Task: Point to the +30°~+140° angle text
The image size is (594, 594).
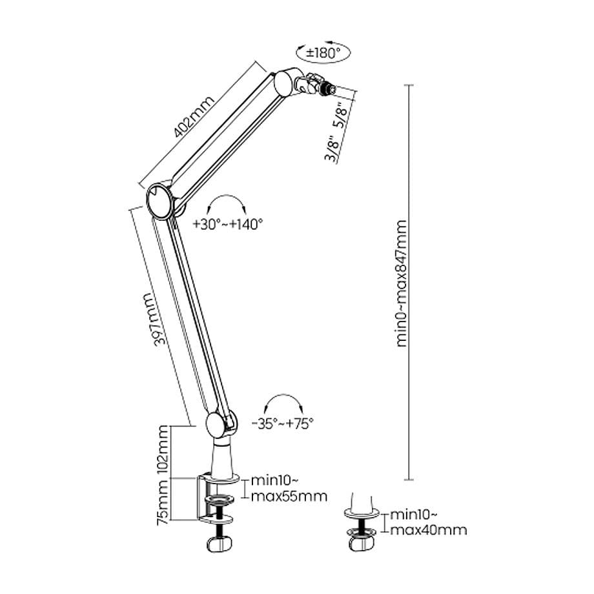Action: click(228, 225)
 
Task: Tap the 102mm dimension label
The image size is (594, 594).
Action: click(164, 451)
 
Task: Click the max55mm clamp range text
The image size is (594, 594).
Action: click(289, 497)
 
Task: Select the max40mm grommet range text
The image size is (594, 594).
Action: click(427, 530)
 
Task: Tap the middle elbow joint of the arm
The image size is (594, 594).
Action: click(159, 200)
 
